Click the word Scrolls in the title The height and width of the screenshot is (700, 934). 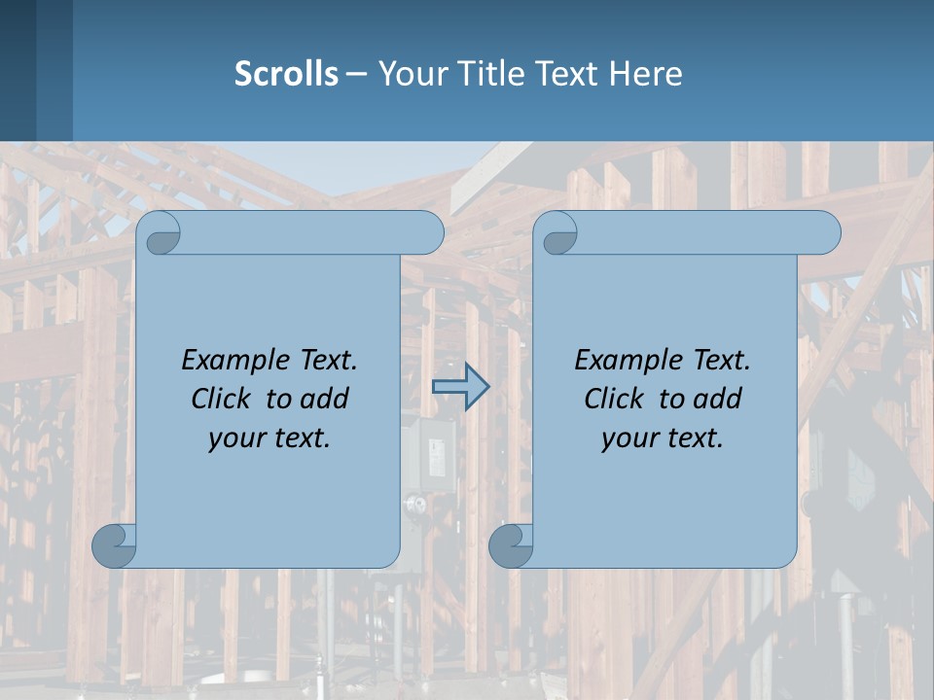tap(286, 74)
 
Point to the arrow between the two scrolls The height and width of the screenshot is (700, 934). tap(460, 387)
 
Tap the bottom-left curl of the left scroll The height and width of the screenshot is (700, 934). tap(114, 545)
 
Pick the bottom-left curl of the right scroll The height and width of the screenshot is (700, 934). tap(511, 545)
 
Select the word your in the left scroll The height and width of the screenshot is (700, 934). tap(234, 438)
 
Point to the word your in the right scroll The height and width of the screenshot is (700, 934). tap(628, 438)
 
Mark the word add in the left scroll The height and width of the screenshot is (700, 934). tap(324, 399)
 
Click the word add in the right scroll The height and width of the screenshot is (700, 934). tap(717, 399)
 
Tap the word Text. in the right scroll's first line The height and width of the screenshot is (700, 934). tap(721, 361)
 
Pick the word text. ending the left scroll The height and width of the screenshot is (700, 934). tap(301, 438)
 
